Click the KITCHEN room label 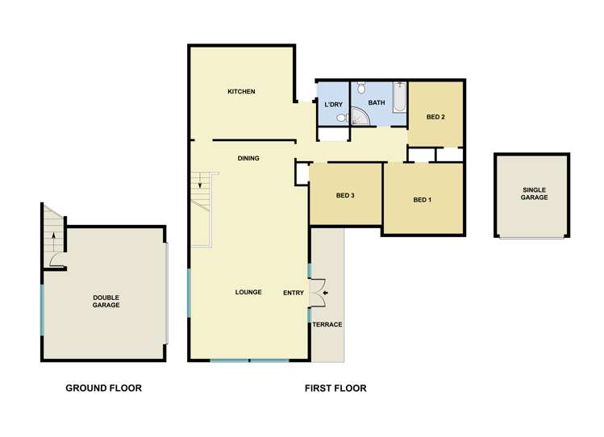click(241, 92)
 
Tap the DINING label click(248, 158)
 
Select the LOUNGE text click(248, 292)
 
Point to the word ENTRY click(294, 293)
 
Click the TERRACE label click(328, 324)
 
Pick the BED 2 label click(435, 117)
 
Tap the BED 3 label click(345, 195)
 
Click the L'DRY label click(334, 105)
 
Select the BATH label click(377, 103)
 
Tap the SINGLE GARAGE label click(534, 194)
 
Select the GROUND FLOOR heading click(103, 389)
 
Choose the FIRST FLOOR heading click(335, 389)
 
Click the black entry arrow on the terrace click(327, 293)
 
